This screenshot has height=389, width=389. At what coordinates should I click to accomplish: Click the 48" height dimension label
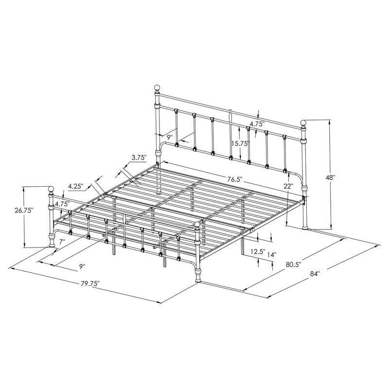(331, 178)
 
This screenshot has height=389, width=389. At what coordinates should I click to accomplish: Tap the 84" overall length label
(315, 274)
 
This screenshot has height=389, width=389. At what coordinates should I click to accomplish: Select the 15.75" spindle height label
(240, 143)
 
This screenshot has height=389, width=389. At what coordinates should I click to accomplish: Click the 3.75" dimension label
(140, 157)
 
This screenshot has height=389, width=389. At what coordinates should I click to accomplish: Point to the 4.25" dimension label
(76, 186)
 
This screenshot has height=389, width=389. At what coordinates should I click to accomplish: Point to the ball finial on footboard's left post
(50, 189)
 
